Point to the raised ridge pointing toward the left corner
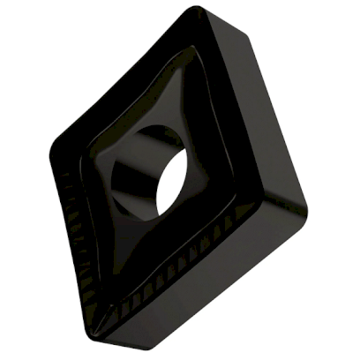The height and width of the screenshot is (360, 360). click(x=93, y=159)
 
